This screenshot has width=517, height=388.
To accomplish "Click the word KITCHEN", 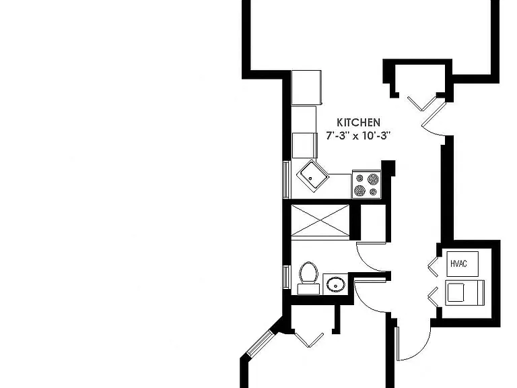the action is (x=358, y=123).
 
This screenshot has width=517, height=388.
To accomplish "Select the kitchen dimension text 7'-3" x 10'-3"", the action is (x=358, y=135).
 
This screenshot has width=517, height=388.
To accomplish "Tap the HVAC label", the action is (x=458, y=263).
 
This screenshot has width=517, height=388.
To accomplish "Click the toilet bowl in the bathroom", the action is (x=308, y=272).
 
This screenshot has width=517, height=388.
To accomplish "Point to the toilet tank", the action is (x=308, y=289).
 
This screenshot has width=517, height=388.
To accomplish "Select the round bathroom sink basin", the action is (x=336, y=284).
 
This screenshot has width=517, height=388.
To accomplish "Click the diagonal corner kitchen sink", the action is (x=312, y=176).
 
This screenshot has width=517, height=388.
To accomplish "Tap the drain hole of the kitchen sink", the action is (x=310, y=179).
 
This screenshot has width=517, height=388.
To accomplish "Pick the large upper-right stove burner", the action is (x=373, y=179).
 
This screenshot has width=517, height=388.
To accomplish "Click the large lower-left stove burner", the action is (x=359, y=191).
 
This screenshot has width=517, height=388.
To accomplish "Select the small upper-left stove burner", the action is (x=359, y=179).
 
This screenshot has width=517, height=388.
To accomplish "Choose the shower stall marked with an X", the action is (x=320, y=220).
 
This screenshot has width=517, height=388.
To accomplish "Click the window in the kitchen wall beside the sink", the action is (x=286, y=180).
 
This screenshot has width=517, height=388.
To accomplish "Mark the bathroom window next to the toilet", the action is (x=286, y=277).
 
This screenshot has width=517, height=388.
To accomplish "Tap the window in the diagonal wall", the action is (x=261, y=343).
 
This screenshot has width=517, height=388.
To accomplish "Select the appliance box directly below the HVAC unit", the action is (x=465, y=292).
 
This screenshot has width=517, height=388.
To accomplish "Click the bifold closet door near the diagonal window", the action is (x=309, y=339).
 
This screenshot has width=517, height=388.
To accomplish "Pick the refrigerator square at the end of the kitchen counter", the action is (x=307, y=88).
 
